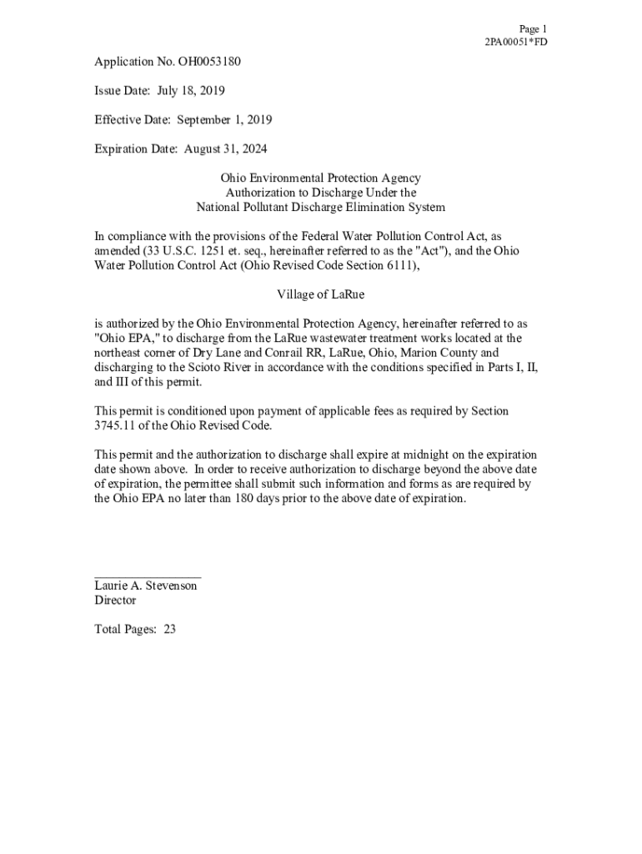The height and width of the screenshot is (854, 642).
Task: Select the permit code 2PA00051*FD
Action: click(516, 43)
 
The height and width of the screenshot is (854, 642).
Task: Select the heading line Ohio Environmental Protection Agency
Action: click(320, 178)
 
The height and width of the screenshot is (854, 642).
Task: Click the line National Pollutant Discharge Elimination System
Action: click(320, 208)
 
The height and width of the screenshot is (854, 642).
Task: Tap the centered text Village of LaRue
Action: click(320, 294)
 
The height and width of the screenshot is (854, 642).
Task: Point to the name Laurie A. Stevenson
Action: click(146, 586)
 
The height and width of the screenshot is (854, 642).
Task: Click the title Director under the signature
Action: click(115, 600)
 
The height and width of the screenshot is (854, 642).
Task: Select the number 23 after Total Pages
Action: click(169, 630)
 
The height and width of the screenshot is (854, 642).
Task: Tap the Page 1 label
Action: click(533, 28)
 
